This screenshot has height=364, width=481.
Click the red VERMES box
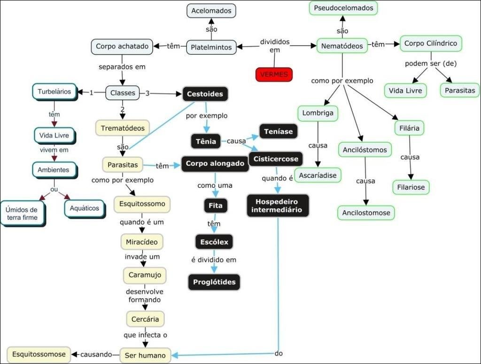[x=274, y=74]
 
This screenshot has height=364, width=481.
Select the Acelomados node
[x=211, y=10]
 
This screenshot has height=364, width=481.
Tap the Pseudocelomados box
[x=343, y=8]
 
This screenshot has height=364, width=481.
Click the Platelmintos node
[x=211, y=47]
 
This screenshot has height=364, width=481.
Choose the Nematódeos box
[x=342, y=46]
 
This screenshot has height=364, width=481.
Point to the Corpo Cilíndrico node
[x=431, y=43]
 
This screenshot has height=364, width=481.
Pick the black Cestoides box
[x=205, y=94]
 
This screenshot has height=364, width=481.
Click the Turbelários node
[x=54, y=92]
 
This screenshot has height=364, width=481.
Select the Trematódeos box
[x=123, y=127]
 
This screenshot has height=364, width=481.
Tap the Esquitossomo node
[x=142, y=204]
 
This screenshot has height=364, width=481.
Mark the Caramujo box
[x=145, y=275]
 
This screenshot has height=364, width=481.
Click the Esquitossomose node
[x=39, y=354]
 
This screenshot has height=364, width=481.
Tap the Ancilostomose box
[x=366, y=213]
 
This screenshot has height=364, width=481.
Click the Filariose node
[x=411, y=187]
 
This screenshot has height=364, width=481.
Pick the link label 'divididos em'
[x=275, y=46]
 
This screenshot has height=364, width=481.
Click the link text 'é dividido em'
[x=213, y=260]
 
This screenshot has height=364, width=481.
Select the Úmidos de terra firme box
[x=22, y=214]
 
